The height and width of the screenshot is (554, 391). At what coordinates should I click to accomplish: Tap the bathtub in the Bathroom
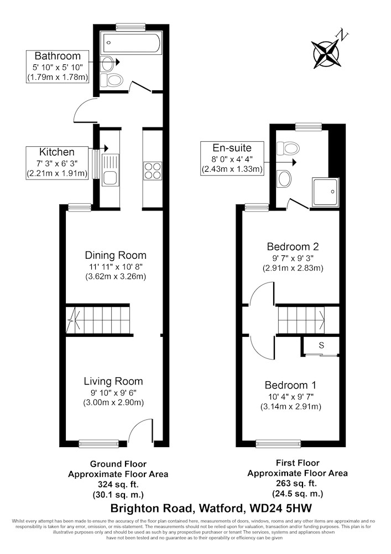pos(130,43)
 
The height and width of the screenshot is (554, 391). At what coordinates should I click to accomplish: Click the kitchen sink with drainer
pos(111,170)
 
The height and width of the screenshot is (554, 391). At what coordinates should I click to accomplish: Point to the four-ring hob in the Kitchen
pos(152,171)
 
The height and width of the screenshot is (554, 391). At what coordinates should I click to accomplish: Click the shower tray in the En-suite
pos(325,192)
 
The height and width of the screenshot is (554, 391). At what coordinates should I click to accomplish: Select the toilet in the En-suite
pos(288,148)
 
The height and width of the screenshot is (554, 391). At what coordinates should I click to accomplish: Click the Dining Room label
pos(116,255)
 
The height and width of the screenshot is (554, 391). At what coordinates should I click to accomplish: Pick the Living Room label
pos(113,381)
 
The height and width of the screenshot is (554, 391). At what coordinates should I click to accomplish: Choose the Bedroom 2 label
pos(293,247)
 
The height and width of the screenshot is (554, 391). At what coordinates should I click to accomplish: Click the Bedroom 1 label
pos(290,385)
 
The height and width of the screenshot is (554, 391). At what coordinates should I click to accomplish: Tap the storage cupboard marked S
pos(321,345)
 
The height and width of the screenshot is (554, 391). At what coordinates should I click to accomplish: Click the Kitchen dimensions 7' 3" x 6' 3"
pos(57,163)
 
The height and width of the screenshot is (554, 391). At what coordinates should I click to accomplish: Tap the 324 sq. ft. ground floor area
pos(118,484)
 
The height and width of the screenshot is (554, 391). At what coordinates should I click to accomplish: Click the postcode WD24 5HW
pos(280,509)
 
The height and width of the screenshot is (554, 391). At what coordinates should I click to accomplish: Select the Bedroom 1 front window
pos(279,443)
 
